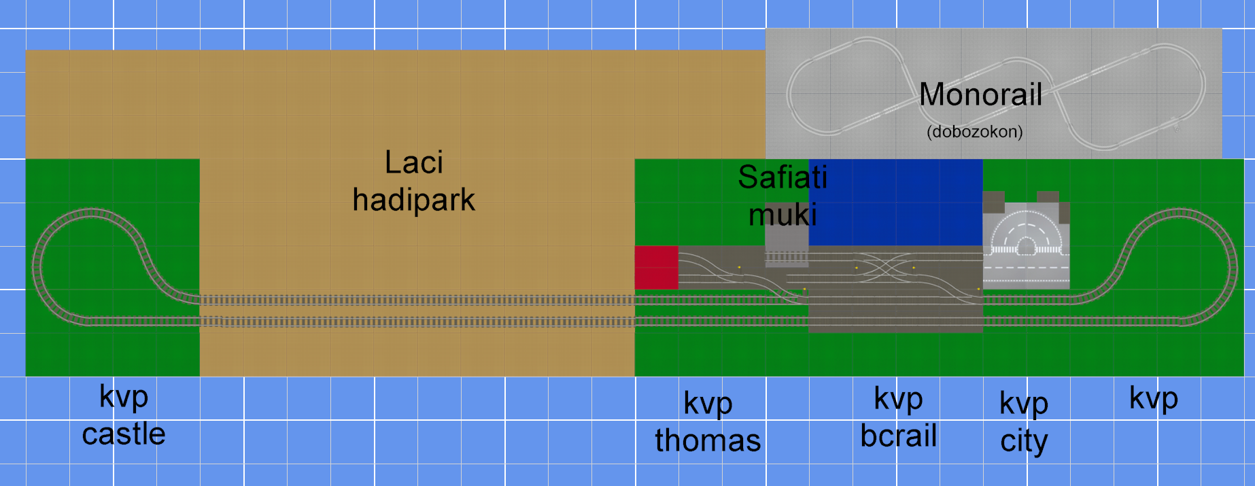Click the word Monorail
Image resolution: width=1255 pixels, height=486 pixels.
coord(980,94)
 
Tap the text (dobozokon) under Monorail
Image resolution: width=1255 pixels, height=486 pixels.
coord(974,131)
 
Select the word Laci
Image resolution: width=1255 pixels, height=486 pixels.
coord(414,162)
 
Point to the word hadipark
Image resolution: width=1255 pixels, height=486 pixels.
coord(413,200)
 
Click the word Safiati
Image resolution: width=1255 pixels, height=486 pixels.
coord(783,177)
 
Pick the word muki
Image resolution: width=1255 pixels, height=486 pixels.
coord(783,215)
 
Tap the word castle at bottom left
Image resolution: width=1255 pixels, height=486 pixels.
coord(124,434)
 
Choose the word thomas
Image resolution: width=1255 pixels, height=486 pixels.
coord(708,440)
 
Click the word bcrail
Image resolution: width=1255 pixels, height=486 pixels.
coord(899,436)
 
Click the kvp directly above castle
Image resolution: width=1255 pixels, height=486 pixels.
coord(124,397)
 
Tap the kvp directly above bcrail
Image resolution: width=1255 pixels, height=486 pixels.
coord(899,399)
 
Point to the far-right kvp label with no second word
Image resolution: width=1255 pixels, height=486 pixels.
coord(1154,398)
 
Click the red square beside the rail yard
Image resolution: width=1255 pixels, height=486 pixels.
coord(656,268)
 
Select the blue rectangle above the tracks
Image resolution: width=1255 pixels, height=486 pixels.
coord(895,203)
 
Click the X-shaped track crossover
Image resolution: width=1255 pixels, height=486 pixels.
coord(884,267)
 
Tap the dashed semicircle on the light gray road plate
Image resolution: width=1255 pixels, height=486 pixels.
coord(1025,231)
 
